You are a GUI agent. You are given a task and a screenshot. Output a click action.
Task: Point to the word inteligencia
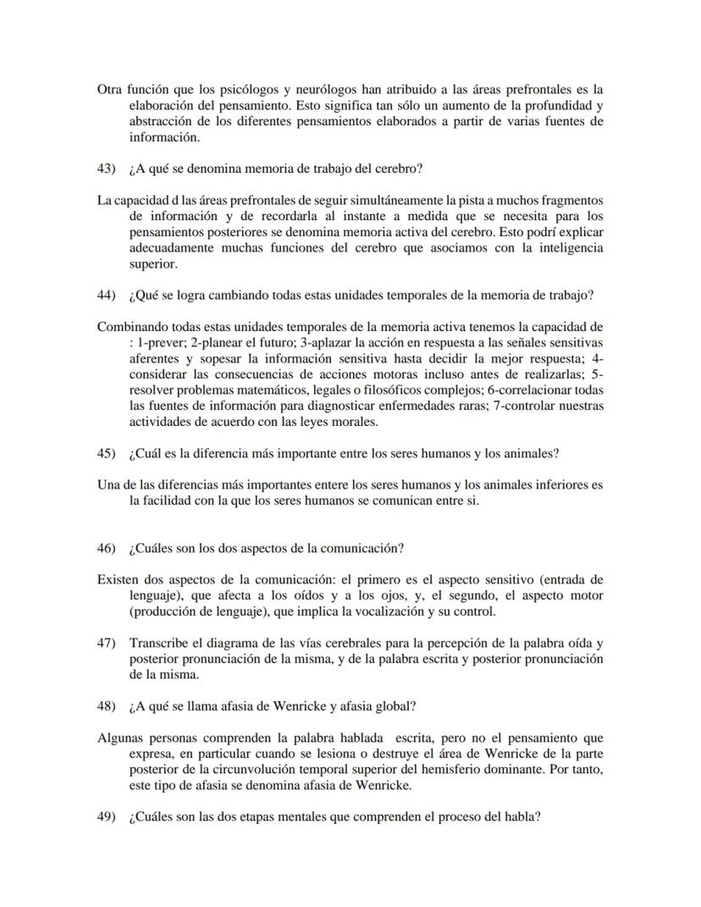point(570,248)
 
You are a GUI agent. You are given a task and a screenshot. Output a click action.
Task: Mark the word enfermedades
point(435,406)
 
